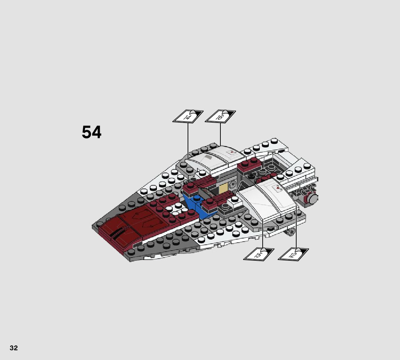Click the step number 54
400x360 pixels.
[x=91, y=132]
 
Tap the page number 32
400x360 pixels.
[x=14, y=348]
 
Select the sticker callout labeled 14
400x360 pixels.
[x=188, y=117]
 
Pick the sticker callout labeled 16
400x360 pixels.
[x=220, y=117]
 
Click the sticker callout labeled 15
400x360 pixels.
[x=259, y=254]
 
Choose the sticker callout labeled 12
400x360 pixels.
[x=293, y=254]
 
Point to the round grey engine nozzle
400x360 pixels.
[x=312, y=198]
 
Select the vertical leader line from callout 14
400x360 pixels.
[x=188, y=139]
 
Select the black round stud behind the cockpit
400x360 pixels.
[x=251, y=176]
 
